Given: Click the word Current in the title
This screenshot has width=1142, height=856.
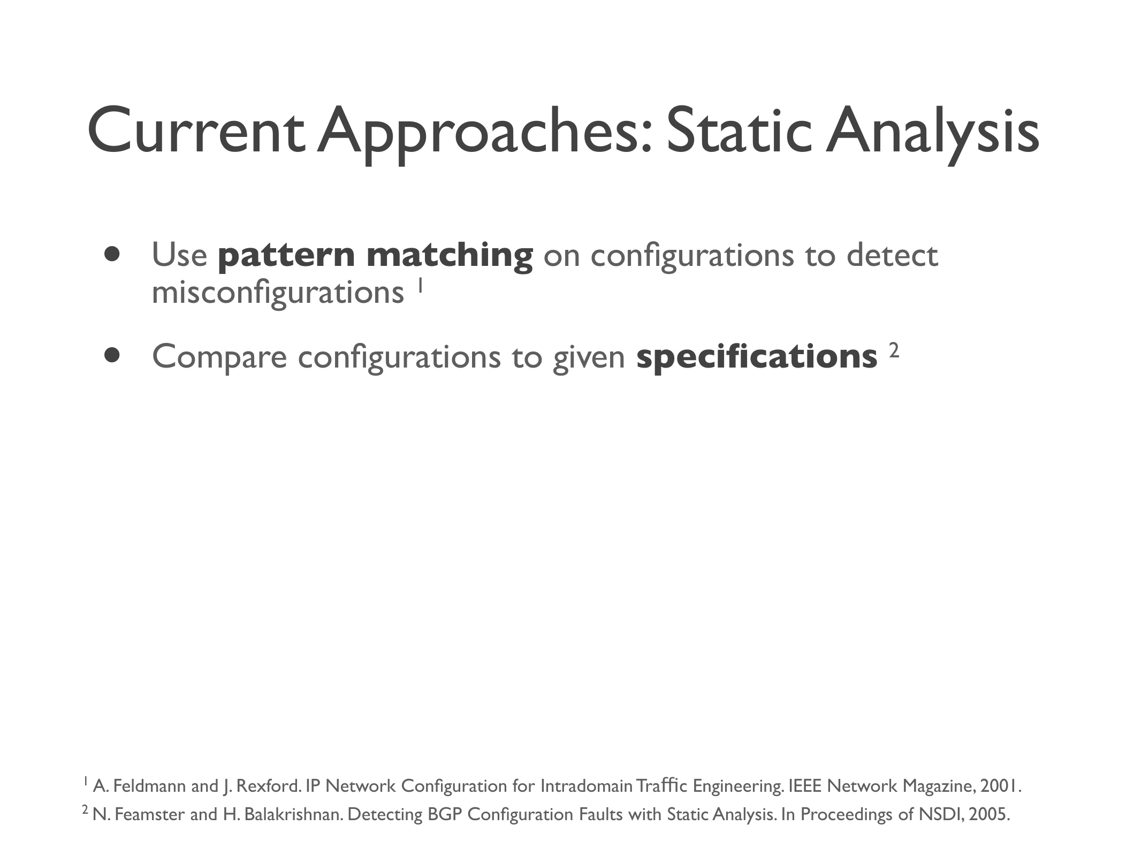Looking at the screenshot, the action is point(195,132).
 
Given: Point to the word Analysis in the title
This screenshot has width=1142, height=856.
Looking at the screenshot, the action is point(932,134).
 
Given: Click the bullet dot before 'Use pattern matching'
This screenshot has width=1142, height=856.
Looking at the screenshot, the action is point(112,254).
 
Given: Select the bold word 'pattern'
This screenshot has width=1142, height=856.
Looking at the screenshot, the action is point(286,256).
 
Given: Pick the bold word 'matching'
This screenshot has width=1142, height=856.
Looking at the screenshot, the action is point(450,256).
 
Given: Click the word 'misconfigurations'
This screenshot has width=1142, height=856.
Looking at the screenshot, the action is point(278,294).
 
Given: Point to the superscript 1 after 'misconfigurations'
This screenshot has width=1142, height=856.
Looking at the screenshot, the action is point(420,285).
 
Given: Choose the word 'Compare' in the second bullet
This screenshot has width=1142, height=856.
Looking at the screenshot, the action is point(219,357).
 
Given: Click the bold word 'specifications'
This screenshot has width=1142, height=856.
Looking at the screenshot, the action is point(757,357).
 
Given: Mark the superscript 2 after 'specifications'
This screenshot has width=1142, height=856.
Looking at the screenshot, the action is point(894,350).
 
